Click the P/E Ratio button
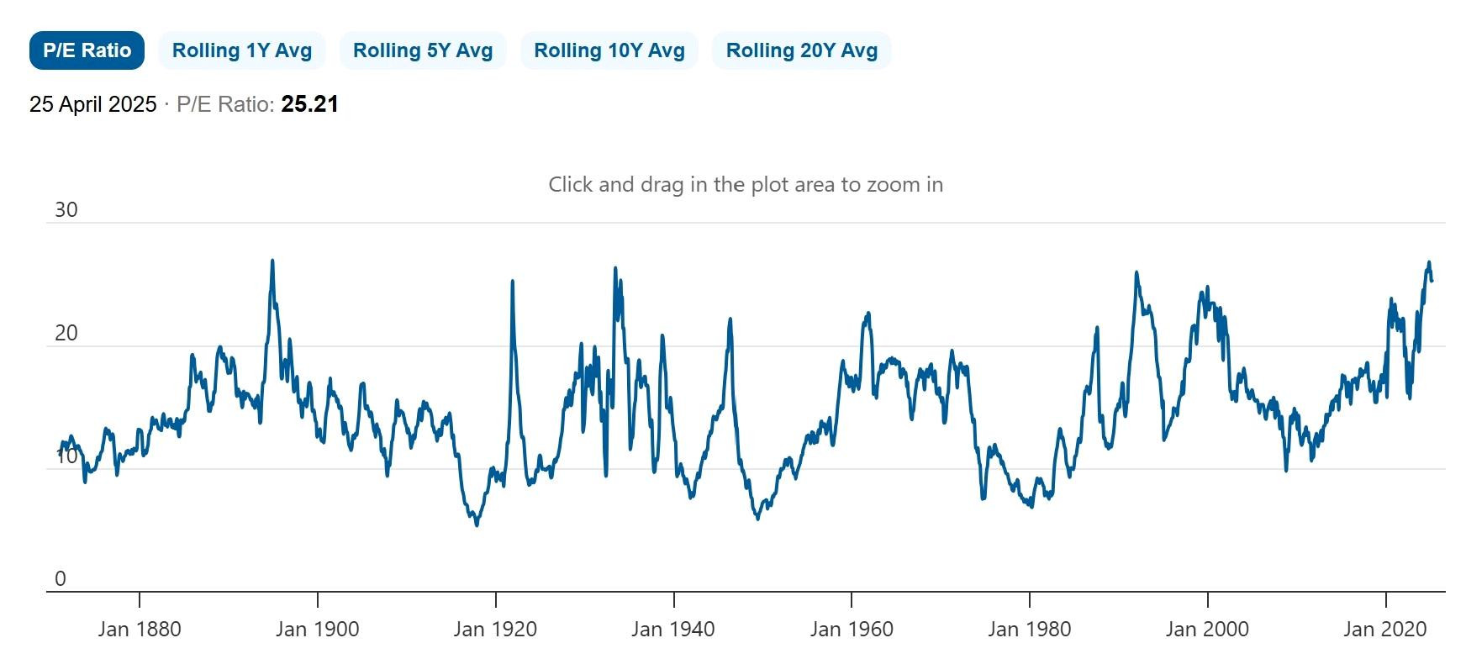tap(87, 50)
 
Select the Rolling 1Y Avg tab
tap(242, 50)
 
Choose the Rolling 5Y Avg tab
tap(423, 50)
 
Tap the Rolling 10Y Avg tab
tap(609, 50)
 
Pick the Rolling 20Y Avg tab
tap(802, 50)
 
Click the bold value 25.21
tap(309, 104)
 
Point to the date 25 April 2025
tap(93, 104)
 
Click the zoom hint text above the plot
tap(746, 184)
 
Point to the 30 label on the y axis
tap(66, 209)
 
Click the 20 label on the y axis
tap(66, 333)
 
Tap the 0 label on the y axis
tap(60, 578)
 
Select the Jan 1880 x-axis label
tap(140, 629)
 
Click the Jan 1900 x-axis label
tap(317, 629)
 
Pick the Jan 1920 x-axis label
tap(495, 629)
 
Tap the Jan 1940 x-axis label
tap(673, 629)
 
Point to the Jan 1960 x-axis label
tap(852, 629)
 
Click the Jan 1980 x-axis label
tap(1030, 629)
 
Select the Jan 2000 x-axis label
tap(1207, 629)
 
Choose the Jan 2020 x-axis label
tap(1385, 629)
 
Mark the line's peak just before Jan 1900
tap(272, 261)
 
